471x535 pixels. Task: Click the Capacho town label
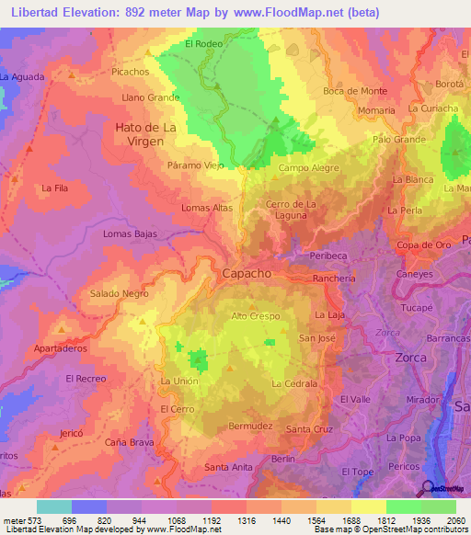247,273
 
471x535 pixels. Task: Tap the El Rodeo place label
203,42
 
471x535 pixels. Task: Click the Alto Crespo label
255,315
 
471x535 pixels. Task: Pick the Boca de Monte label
355,90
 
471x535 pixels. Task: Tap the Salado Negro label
119,293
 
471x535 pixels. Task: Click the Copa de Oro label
423,245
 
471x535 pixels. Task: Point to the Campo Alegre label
309,168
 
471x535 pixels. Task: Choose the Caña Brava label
129,442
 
